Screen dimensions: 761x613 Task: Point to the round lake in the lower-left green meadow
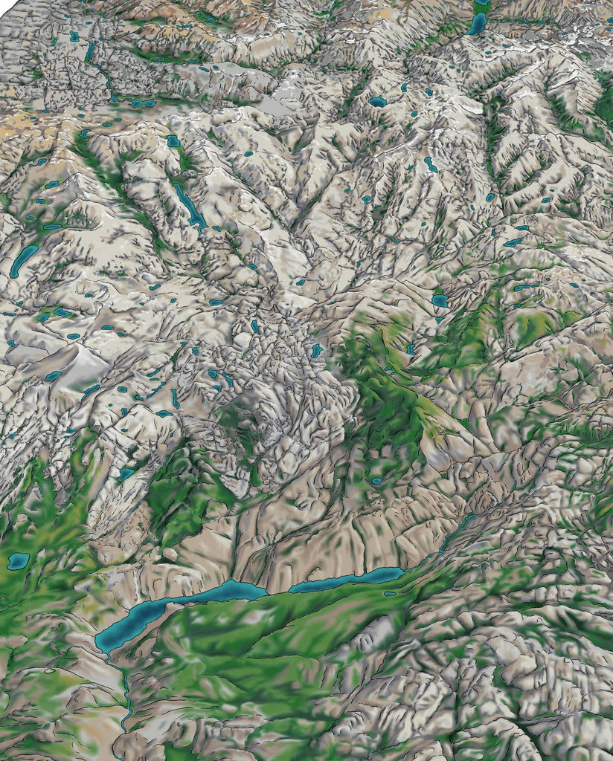pos(17,560)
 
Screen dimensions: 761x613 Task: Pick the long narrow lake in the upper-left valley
pos(189,204)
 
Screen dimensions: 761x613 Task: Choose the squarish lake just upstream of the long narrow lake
pos(173,140)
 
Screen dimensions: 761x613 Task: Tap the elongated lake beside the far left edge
pos(23,261)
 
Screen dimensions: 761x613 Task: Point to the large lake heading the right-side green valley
pos(440,300)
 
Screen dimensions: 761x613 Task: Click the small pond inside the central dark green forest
pos(376,481)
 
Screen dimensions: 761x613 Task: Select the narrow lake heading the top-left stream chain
pos(90,51)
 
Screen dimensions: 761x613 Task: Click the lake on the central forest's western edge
pos(317,350)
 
